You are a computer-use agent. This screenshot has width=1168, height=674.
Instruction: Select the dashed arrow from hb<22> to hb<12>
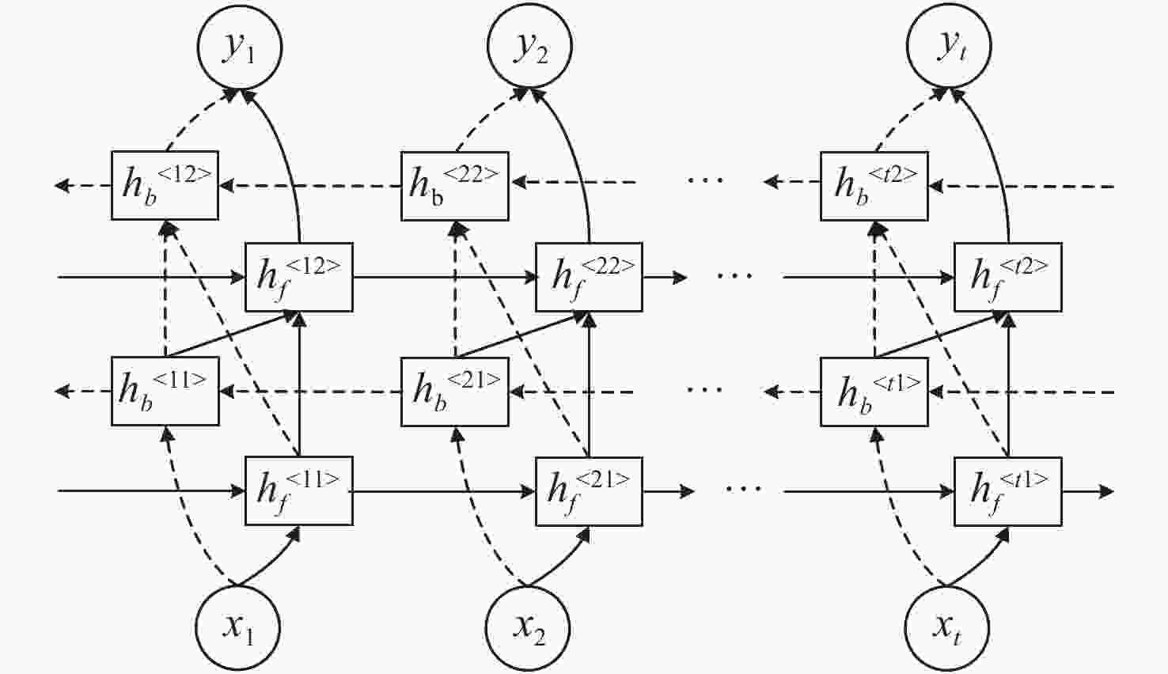tap(309, 186)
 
